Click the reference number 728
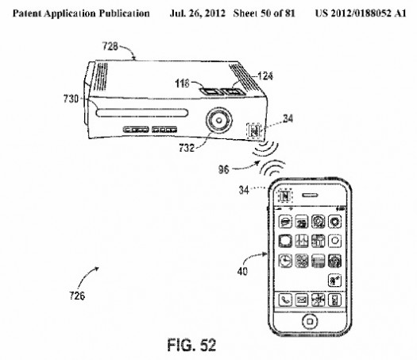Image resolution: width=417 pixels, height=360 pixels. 110,47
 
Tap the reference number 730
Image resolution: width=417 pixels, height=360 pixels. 71,99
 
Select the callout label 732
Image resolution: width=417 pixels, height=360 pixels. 187,147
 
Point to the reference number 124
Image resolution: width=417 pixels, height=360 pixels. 265,76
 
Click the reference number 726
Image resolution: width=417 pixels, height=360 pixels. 77,296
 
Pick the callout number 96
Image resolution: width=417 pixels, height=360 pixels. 223,169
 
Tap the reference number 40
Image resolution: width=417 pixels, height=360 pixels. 242,272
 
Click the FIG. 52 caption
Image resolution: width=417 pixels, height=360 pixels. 191,345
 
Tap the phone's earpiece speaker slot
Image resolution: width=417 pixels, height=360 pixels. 310,195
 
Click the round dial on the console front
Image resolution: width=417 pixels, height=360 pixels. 219,121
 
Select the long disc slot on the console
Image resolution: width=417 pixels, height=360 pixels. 142,113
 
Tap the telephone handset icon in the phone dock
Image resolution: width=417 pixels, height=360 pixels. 285,300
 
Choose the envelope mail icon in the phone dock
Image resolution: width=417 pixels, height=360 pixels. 302,300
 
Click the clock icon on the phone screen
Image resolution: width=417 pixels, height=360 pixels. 285,261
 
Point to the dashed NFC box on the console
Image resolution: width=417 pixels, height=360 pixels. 254,130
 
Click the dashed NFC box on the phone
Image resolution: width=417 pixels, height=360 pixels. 285,196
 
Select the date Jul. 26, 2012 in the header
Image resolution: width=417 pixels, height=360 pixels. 197,14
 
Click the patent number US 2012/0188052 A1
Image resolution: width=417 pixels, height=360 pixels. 361,14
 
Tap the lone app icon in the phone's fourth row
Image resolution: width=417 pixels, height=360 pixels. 334,281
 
